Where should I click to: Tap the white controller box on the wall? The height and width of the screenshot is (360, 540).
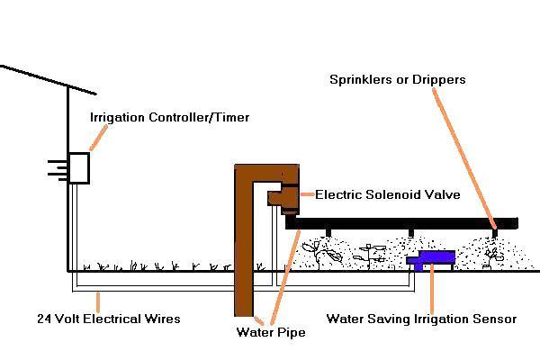point(79,168)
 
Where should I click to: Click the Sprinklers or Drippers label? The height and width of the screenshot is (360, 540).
point(397,80)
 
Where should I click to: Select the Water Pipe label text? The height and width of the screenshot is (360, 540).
point(271,333)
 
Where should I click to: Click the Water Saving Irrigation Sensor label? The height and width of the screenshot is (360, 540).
point(421,319)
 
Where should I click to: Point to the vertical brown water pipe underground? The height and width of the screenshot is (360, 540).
point(244,270)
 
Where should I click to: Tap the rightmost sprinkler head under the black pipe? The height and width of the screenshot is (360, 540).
point(492,235)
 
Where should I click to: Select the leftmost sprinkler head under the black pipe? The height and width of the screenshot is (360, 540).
point(328,235)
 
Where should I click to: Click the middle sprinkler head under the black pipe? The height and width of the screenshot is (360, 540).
point(410,235)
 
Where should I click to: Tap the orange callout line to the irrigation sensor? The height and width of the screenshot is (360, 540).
point(434,288)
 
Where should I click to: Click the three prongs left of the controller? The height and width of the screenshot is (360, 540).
point(56,167)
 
